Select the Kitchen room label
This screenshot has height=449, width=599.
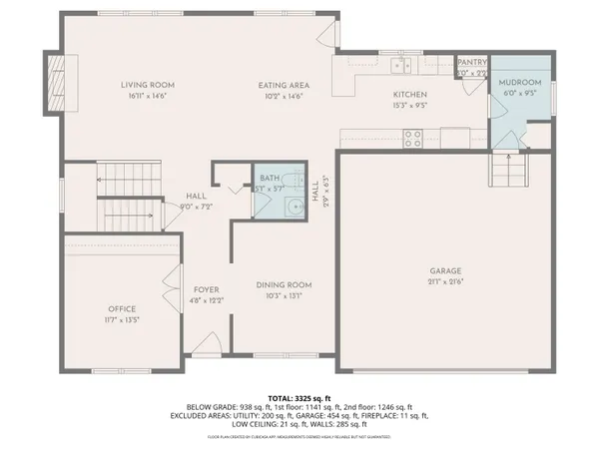coord(408,94)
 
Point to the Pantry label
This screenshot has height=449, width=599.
coord(470,62)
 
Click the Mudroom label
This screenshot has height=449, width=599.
coord(520,82)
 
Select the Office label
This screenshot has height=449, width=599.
coord(122,308)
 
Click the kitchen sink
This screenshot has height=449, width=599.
coord(399,66)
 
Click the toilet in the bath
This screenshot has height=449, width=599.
coord(290,207)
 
